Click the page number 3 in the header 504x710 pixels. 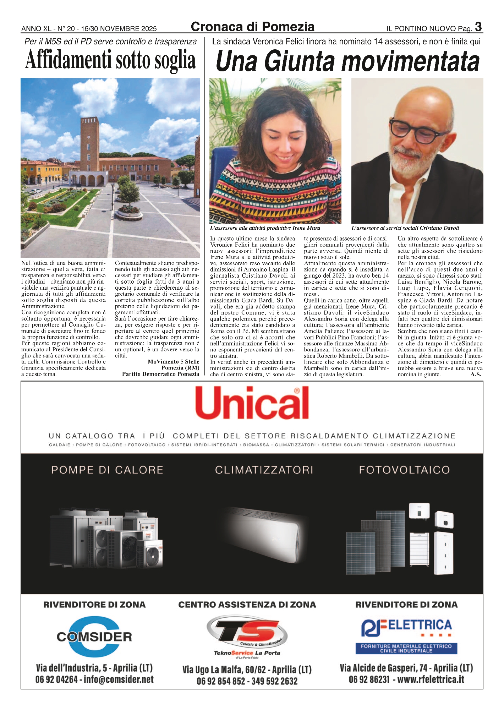tap(478, 27)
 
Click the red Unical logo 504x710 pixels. tap(252, 403)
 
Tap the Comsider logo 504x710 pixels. tap(94, 637)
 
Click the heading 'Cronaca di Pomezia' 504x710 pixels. tap(252, 27)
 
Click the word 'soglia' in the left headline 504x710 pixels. tap(175, 60)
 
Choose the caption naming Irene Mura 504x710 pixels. tap(265, 228)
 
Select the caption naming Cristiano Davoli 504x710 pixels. tap(405, 228)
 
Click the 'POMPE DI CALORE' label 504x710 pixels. tap(107, 470)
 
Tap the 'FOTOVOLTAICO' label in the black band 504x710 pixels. tap(404, 470)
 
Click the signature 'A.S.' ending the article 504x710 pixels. tap(476, 374)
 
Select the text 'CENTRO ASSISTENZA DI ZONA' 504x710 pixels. tap(247, 605)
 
